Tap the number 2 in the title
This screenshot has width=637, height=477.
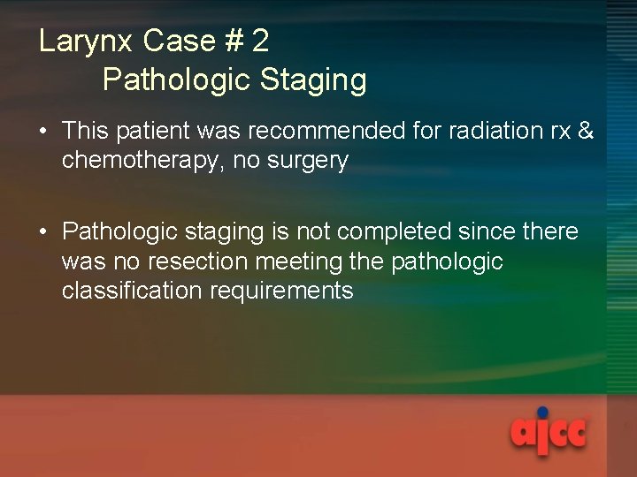[260, 41]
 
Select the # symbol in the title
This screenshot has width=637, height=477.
[233, 41]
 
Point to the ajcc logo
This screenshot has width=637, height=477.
[548, 434]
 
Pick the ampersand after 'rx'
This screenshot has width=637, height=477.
[584, 131]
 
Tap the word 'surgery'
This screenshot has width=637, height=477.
[305, 161]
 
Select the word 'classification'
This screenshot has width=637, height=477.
[132, 291]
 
